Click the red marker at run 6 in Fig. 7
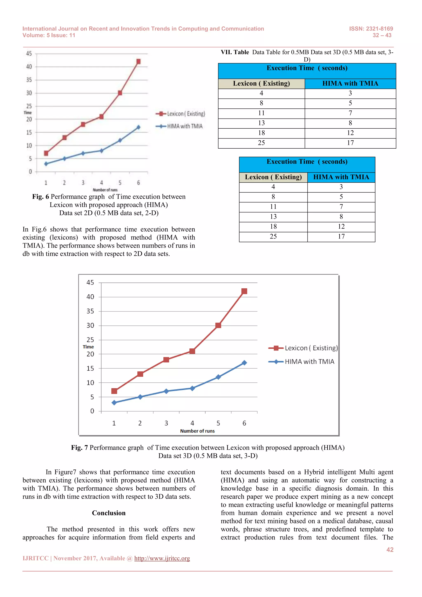pos(244,291)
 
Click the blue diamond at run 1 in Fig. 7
pos(114,403)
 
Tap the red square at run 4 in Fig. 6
pos(101,117)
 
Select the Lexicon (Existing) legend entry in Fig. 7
pos(303,348)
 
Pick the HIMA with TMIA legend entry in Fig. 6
pos(179,126)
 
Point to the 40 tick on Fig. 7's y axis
pos(90,297)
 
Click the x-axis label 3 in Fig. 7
pos(166,423)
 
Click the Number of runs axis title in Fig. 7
pos(197,431)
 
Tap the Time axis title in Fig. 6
pos(28,113)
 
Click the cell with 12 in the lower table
pos(341,227)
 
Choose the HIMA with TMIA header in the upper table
pos(350,83)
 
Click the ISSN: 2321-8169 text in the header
pos(371,29)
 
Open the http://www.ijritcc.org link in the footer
pos(162,558)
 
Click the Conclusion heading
pos(109,513)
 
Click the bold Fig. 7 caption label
pos(79,448)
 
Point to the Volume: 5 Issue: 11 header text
pos(49,35)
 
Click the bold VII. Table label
pos(235,52)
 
